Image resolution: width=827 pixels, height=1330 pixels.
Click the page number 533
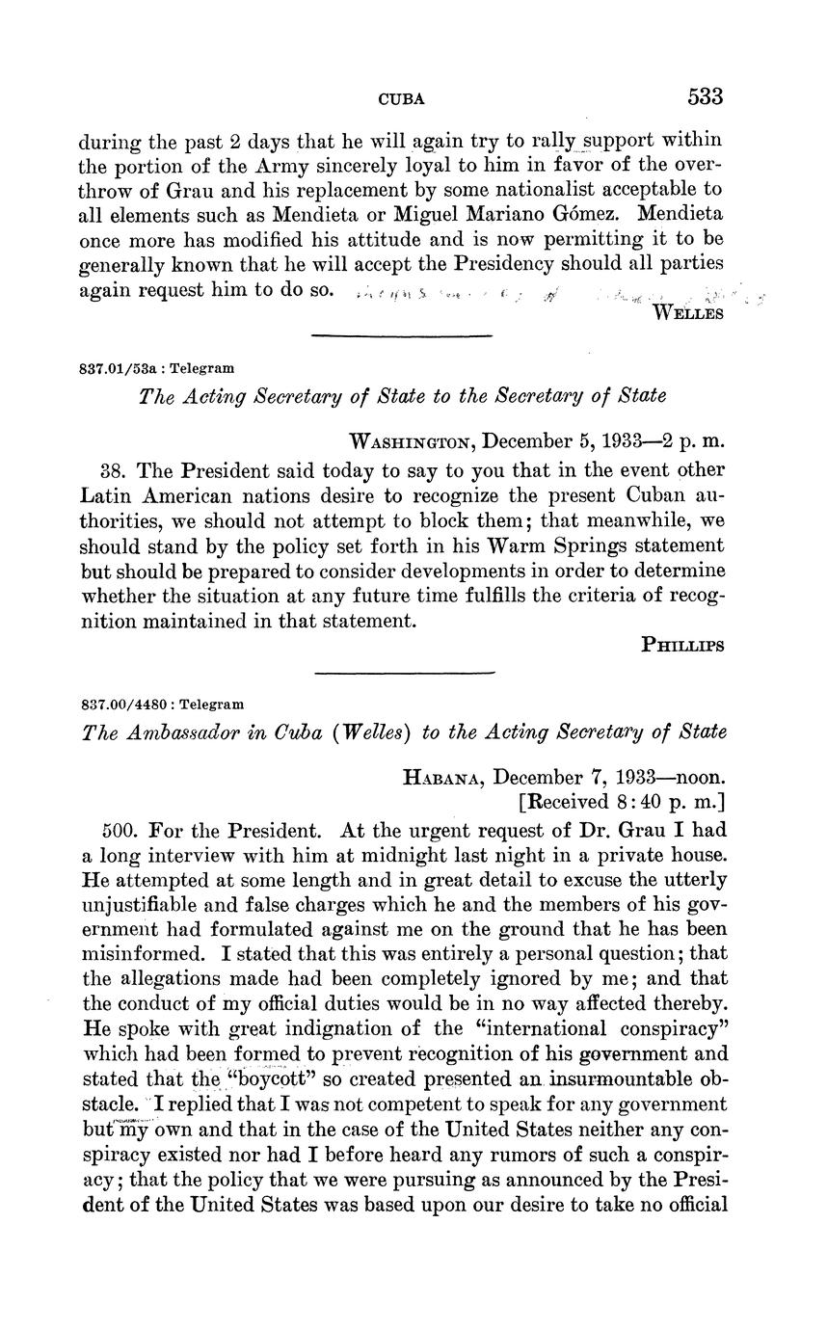pos(705,96)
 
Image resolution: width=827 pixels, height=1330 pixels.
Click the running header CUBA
pos(402,98)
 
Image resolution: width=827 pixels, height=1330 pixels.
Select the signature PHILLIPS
pos(682,646)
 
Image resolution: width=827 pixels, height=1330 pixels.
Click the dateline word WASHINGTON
pos(411,441)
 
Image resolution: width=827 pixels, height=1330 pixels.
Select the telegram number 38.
pos(113,470)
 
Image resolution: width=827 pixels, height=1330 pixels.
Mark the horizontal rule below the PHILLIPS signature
pos(404,672)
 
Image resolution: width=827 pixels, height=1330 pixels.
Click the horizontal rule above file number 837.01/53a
pos(402,335)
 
